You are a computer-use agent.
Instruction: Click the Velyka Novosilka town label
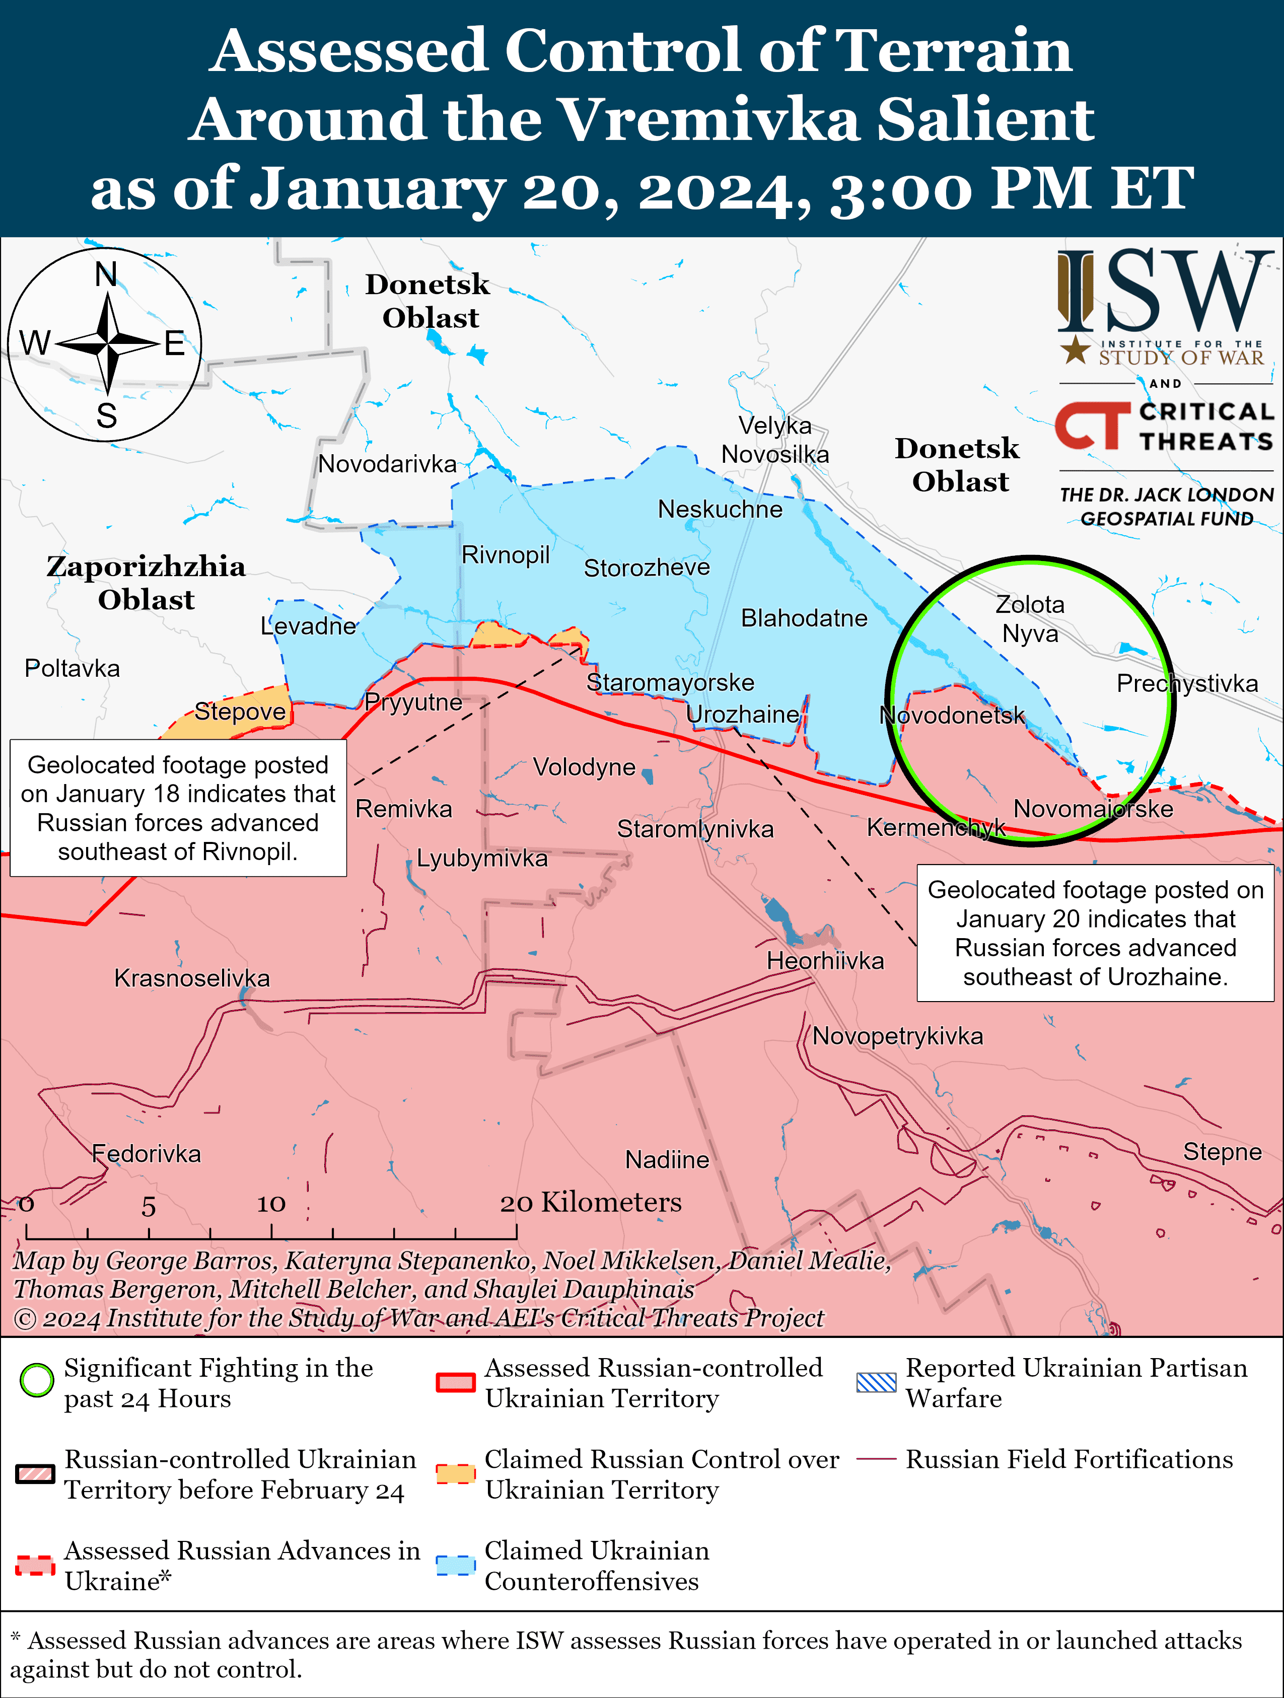[775, 440]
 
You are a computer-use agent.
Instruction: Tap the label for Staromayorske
[670, 682]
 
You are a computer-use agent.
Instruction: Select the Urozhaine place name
[742, 715]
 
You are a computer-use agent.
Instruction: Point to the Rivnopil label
[505, 554]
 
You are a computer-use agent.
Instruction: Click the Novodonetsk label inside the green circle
[952, 716]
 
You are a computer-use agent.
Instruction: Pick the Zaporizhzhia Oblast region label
[146, 583]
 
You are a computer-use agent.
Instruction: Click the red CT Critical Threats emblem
[1092, 426]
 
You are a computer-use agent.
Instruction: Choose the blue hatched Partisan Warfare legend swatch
[876, 1382]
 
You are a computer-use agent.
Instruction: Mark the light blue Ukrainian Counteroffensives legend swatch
[455, 1565]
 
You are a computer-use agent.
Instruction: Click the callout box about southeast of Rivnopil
[178, 808]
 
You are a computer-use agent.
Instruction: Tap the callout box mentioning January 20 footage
[1095, 933]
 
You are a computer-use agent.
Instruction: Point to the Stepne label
[1222, 1152]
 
